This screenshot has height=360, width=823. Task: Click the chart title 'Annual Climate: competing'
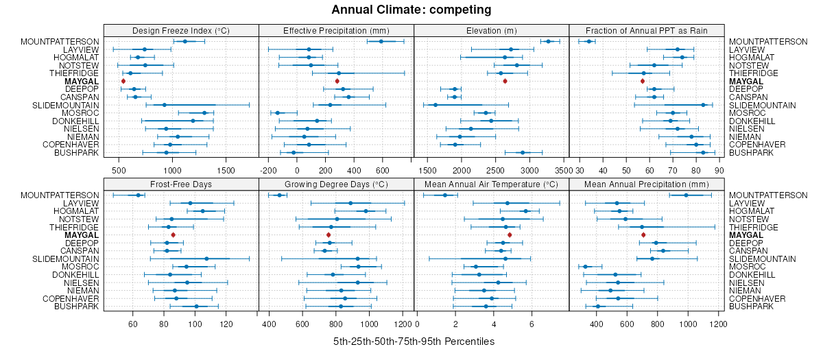point(411,10)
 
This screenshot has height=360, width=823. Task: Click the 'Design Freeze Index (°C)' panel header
point(181,30)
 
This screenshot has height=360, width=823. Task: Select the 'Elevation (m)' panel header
point(492,30)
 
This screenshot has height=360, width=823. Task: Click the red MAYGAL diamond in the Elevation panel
point(505,81)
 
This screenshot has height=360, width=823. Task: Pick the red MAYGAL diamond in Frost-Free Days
point(173,235)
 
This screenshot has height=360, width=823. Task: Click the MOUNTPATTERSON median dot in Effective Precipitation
point(381,42)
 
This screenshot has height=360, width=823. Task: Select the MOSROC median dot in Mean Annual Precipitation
point(585,266)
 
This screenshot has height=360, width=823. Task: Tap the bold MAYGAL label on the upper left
point(82,81)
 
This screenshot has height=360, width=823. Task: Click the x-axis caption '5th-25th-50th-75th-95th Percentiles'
point(414,341)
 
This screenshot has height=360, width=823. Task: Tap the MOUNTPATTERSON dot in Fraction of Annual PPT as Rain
point(588,42)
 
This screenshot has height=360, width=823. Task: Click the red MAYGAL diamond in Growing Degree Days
point(329,235)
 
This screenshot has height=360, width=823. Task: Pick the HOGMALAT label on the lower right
point(752,211)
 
